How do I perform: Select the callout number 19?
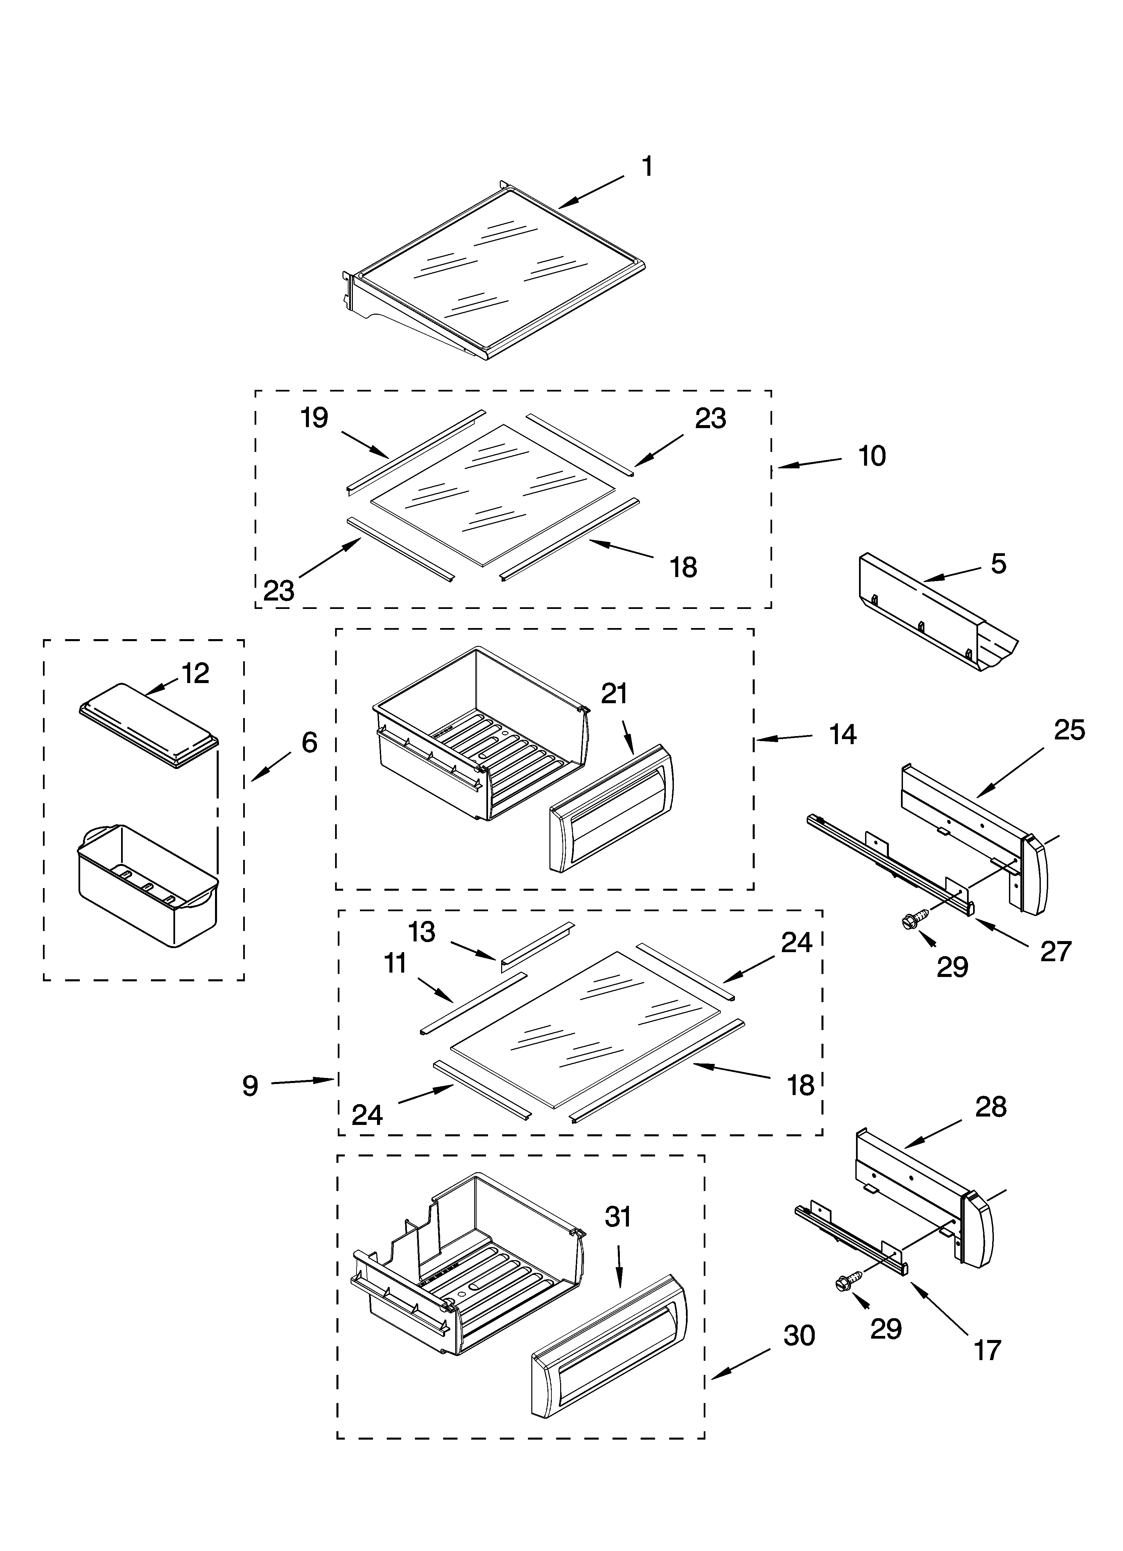[315, 418]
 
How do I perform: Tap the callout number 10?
[872, 456]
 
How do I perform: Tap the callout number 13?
[422, 931]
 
